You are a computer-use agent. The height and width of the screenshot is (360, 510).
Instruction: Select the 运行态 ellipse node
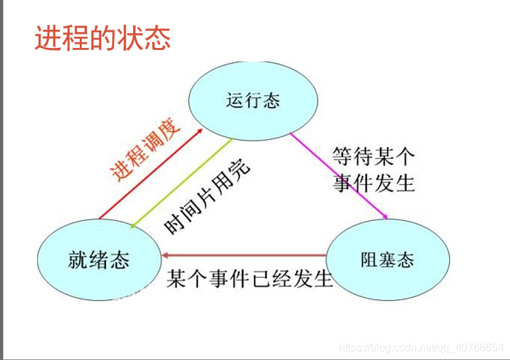(254, 101)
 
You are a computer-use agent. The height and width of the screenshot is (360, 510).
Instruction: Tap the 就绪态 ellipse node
(99, 260)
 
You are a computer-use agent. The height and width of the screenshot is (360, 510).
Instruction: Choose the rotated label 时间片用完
(207, 197)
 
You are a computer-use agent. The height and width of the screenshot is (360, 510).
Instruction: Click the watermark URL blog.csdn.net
(422, 347)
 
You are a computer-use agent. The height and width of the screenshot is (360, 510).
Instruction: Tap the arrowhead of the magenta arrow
(386, 217)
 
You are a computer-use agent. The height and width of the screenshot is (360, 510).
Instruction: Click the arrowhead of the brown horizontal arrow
(165, 255)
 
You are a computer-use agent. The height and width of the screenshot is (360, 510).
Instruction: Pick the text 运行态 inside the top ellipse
(254, 101)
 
